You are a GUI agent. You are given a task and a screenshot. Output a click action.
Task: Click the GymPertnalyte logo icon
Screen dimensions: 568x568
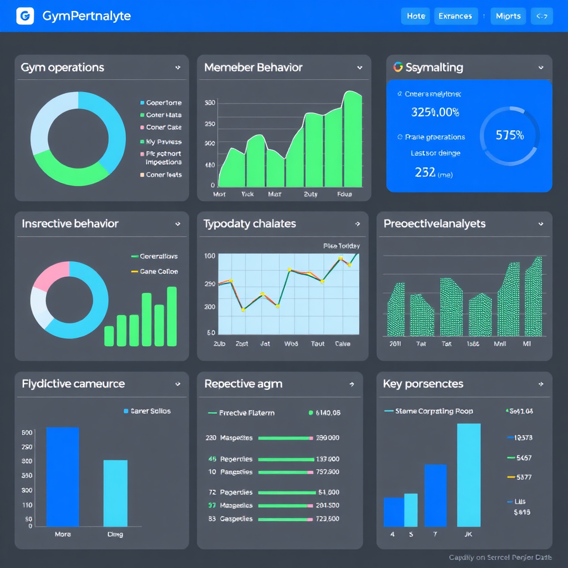pos(26,16)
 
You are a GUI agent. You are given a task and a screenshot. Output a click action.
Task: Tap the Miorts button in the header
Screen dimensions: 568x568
pos(508,16)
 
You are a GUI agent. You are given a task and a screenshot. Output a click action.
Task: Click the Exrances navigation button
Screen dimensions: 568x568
pos(455,16)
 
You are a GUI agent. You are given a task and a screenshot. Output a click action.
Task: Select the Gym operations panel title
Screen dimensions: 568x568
pos(62,68)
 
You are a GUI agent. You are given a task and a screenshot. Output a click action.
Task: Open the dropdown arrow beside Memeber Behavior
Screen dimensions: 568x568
pos(359,68)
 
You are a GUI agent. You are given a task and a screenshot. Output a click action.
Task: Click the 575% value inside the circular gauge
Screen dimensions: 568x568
pos(509,135)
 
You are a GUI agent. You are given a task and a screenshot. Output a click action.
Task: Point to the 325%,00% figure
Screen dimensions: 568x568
pos(435,112)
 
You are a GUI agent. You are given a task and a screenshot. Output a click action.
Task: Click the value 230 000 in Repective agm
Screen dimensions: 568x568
pos(327,438)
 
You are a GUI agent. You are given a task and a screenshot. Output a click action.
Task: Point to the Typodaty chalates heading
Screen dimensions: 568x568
pos(250,224)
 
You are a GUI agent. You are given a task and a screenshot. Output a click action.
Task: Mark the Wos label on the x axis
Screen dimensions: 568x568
pos(291,344)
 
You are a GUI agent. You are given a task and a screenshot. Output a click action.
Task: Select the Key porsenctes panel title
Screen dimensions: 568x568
pos(423,384)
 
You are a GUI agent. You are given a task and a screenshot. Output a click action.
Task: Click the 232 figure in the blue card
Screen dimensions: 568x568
pos(425,173)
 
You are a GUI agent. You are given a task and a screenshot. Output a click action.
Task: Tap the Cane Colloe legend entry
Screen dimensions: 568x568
pos(159,272)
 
